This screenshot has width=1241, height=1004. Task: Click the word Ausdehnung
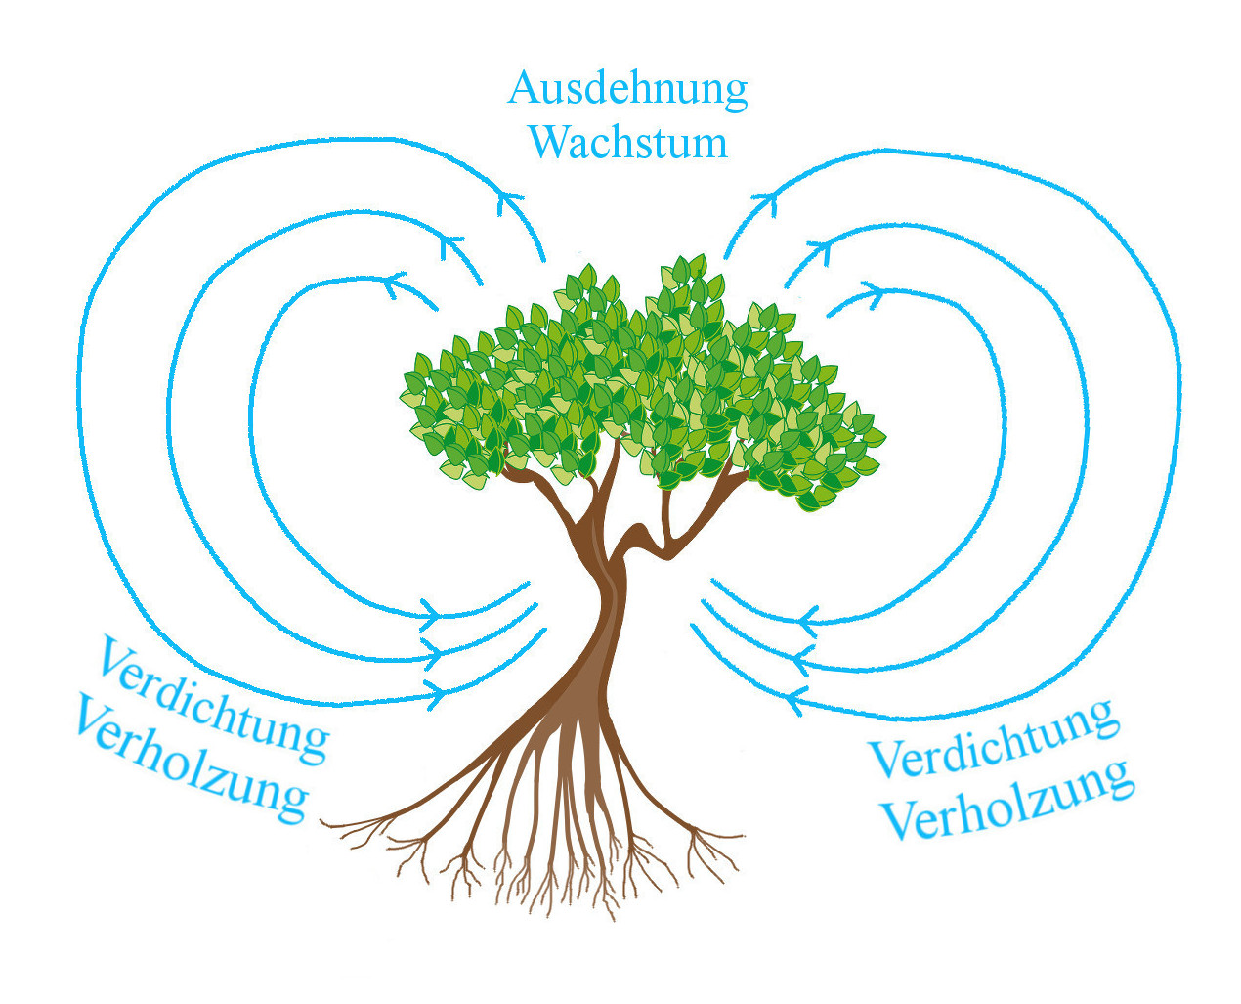click(627, 89)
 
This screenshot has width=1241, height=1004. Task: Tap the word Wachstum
click(628, 143)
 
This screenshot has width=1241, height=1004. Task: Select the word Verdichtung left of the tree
click(212, 700)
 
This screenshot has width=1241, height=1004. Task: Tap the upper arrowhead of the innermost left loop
click(395, 284)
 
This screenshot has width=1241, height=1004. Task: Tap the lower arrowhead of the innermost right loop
click(807, 619)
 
